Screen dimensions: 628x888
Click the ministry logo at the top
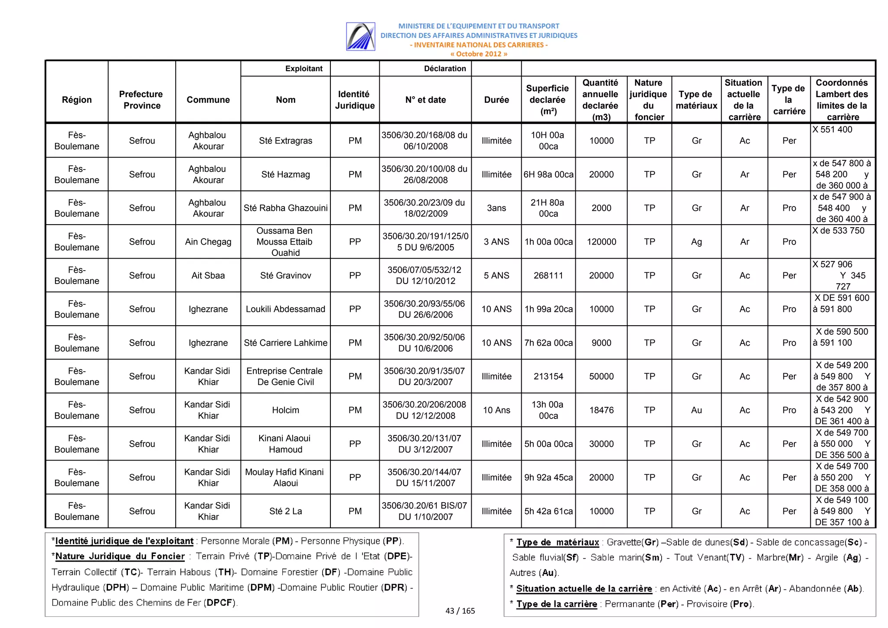(x=360, y=36)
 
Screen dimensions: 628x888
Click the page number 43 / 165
(x=460, y=611)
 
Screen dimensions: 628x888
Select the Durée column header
(x=496, y=100)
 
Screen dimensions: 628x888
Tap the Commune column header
(x=208, y=100)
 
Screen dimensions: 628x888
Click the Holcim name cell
(x=285, y=410)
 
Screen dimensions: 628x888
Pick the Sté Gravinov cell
(x=285, y=275)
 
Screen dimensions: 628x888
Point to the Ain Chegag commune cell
(x=208, y=242)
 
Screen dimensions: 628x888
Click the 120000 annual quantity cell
(x=601, y=242)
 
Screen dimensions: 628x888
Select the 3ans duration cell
(x=496, y=208)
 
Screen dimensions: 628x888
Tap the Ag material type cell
(x=696, y=242)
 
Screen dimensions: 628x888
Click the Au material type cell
(x=696, y=410)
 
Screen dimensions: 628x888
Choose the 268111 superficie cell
(x=548, y=275)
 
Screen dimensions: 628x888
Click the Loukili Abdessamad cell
(x=285, y=309)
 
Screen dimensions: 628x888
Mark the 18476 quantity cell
(x=601, y=410)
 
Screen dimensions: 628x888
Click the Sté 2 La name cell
(x=285, y=511)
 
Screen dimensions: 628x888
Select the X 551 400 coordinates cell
(x=832, y=130)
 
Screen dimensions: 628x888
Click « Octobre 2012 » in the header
(x=478, y=54)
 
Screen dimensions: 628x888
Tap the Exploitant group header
(x=304, y=69)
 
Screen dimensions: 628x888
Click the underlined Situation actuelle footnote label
(x=584, y=589)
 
